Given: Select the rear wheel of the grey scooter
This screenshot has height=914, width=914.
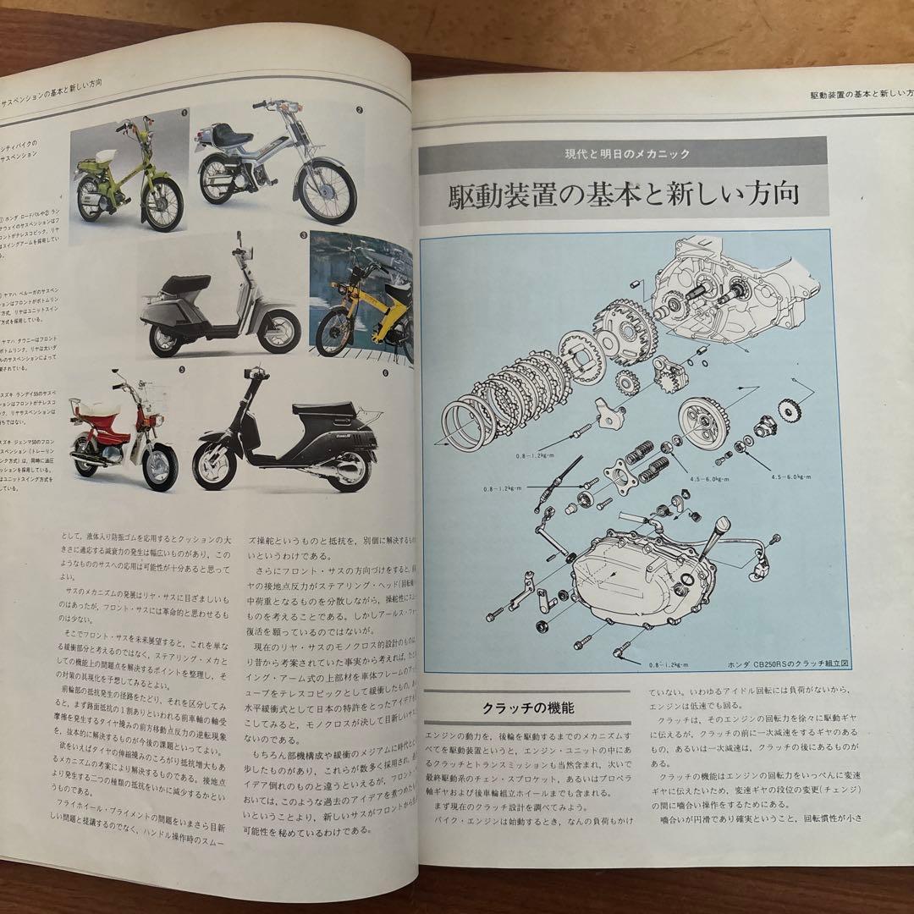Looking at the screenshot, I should tap(168, 335).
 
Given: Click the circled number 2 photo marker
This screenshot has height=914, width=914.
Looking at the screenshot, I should tap(359, 110).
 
